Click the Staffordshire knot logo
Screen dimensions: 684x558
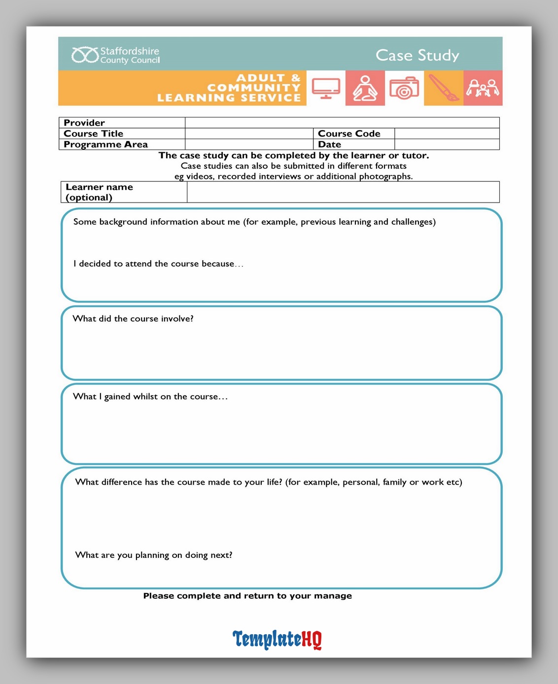point(85,55)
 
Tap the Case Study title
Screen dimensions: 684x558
point(417,55)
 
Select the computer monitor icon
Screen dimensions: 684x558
point(326,88)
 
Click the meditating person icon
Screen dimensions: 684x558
point(365,88)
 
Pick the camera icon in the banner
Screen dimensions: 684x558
point(404,88)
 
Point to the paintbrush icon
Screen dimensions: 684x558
point(443,88)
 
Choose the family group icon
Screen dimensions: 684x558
point(483,88)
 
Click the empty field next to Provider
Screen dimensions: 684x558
point(342,123)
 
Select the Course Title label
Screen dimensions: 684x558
point(93,134)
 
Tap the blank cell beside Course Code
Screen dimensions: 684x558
point(447,134)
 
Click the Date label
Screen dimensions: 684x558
point(329,144)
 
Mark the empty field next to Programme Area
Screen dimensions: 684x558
point(249,144)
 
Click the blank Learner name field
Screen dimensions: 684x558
point(343,192)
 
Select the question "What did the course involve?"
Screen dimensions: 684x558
point(133,319)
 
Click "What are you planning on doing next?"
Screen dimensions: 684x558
point(154,555)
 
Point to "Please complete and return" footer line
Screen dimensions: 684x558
point(247,596)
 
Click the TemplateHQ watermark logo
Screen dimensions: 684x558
point(277,639)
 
